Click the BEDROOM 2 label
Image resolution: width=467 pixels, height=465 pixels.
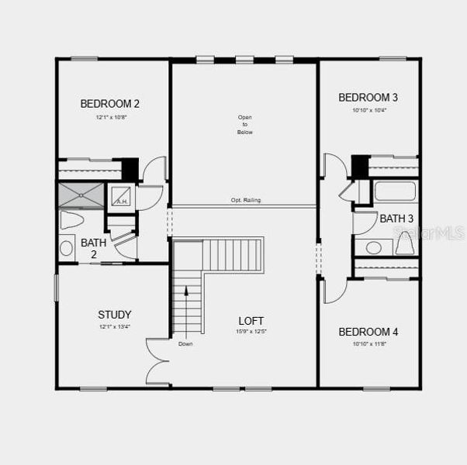[110, 103]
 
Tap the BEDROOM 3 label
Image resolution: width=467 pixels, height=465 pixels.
[368, 97]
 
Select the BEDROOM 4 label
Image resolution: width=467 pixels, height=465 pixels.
[368, 332]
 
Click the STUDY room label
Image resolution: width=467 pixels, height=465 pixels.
[114, 315]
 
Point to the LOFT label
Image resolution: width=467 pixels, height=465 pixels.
[251, 320]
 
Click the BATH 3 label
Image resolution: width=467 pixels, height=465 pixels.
[396, 219]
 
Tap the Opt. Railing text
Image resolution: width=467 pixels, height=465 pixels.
[245, 200]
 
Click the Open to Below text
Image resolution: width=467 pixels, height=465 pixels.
[245, 125]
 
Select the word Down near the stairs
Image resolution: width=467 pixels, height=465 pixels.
[185, 343]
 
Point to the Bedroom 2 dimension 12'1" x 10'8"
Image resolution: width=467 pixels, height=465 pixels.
[110, 118]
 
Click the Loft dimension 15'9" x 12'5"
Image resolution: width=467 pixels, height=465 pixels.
[251, 332]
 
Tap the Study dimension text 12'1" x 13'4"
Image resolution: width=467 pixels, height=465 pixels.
[114, 328]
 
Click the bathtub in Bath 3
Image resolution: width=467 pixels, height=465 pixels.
[396, 191]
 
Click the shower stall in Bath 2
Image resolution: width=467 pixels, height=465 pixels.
[81, 195]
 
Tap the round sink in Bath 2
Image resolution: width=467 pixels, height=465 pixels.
[67, 249]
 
